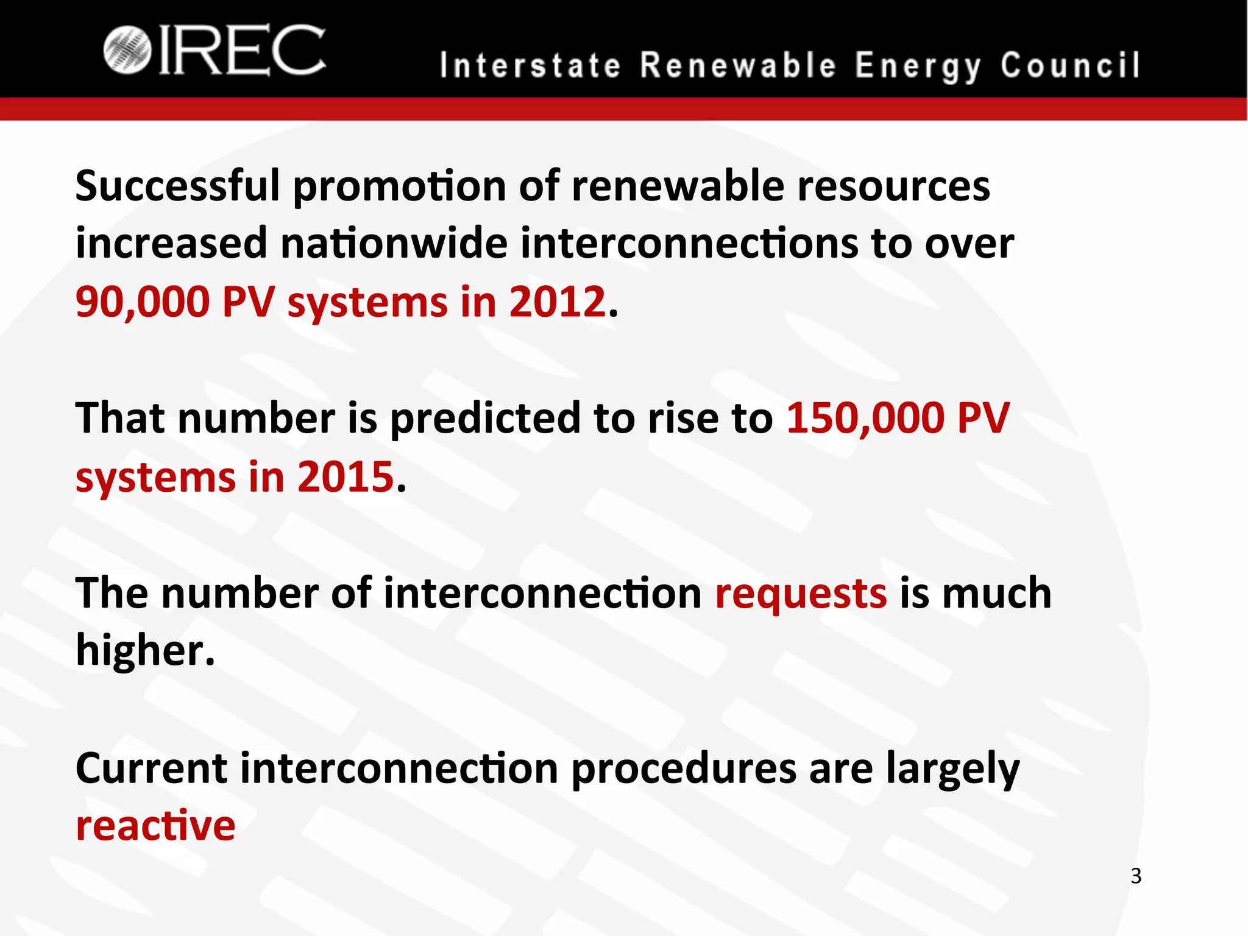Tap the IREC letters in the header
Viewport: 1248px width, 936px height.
242,51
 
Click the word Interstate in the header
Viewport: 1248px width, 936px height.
530,66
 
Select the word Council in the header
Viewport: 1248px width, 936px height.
1069,66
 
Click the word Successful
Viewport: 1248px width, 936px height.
177,185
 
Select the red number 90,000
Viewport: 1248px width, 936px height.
143,302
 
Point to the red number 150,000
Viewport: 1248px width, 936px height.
865,419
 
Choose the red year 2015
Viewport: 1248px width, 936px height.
346,477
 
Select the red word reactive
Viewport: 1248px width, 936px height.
155,826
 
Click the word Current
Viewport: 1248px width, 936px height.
151,768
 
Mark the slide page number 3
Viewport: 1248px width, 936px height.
1136,876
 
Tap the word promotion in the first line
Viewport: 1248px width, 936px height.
399,186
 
